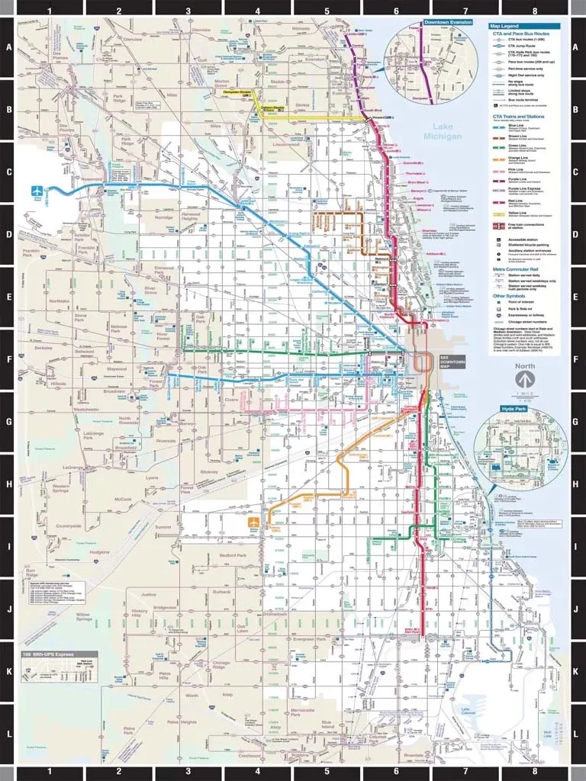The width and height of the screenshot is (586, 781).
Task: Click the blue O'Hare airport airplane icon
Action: point(35,190)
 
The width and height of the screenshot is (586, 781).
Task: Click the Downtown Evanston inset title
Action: point(448,24)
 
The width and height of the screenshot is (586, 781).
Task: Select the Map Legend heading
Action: point(504,26)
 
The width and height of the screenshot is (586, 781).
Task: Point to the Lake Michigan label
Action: point(447,131)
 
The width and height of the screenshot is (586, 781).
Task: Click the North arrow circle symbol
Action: point(524,378)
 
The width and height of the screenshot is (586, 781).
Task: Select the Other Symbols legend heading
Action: point(509,296)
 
